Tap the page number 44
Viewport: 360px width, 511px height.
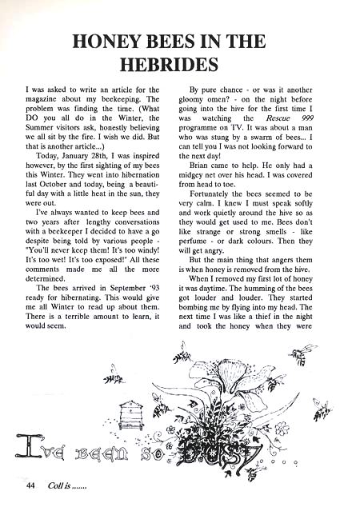pos(30,485)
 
